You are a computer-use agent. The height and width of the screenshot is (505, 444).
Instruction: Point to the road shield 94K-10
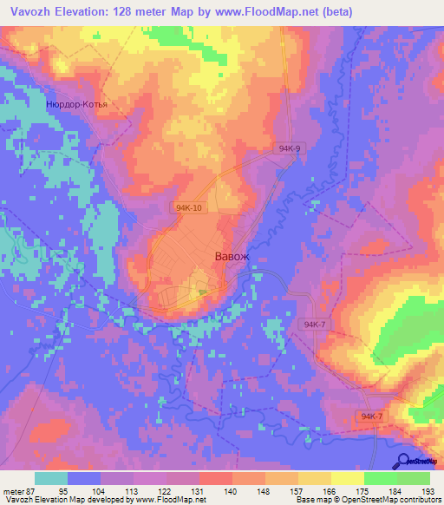pyautogui.click(x=188, y=208)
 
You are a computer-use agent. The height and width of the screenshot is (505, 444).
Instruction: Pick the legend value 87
pyautogui.click(x=31, y=490)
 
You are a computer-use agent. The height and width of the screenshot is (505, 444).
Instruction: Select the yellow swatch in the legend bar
pyautogui.click(x=347, y=478)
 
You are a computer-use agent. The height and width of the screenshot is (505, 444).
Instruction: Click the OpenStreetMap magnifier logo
pyautogui.click(x=403, y=462)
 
